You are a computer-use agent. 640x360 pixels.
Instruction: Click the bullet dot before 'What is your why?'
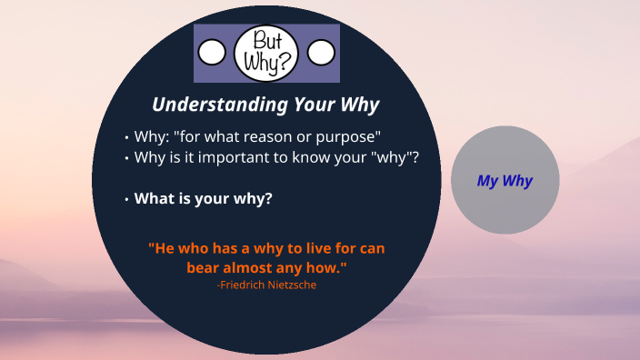tap(126, 199)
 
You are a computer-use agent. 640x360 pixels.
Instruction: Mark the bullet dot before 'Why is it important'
tap(126, 157)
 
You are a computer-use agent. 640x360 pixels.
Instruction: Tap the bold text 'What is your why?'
tap(204, 198)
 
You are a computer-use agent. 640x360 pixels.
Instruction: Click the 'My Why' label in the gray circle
tap(505, 180)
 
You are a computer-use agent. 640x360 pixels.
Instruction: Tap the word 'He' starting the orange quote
tap(162, 247)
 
